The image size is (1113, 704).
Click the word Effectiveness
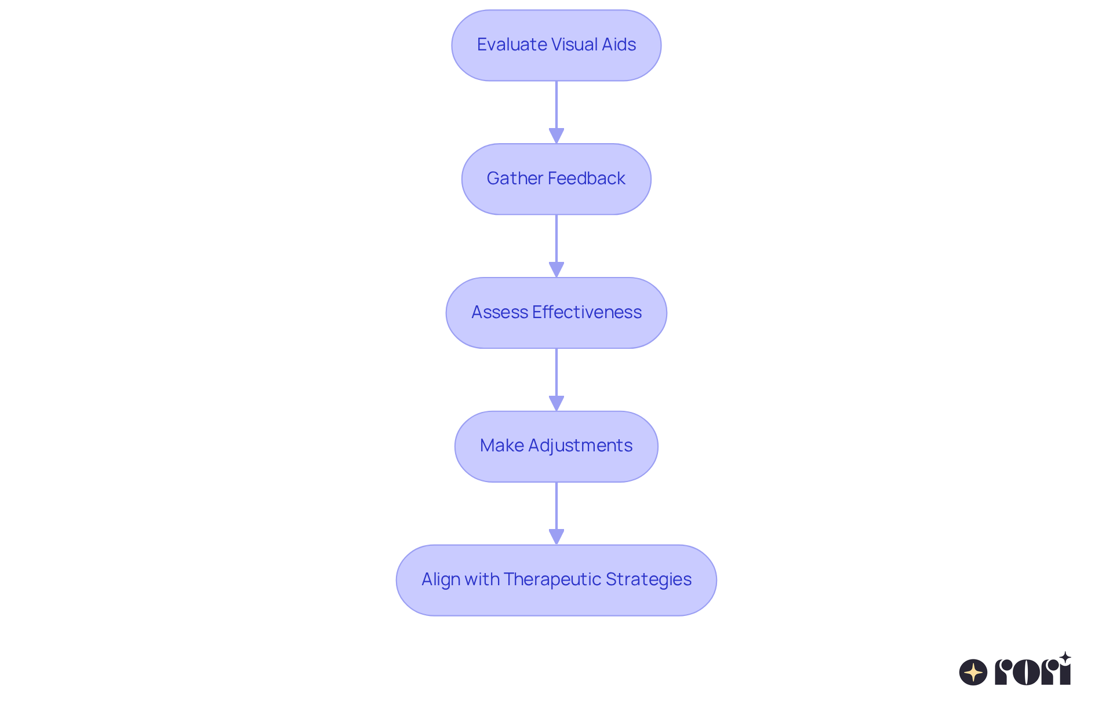pos(587,312)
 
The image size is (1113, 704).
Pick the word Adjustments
pos(580,446)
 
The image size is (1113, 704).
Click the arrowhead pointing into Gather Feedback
pos(556,136)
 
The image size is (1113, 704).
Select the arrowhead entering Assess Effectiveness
pos(556,269)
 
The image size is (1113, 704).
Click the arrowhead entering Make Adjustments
pos(556,403)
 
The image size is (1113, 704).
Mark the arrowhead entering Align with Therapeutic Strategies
pos(556,537)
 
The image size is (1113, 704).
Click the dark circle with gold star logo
pos(973,672)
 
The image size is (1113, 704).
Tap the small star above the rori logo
pos(1065,658)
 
